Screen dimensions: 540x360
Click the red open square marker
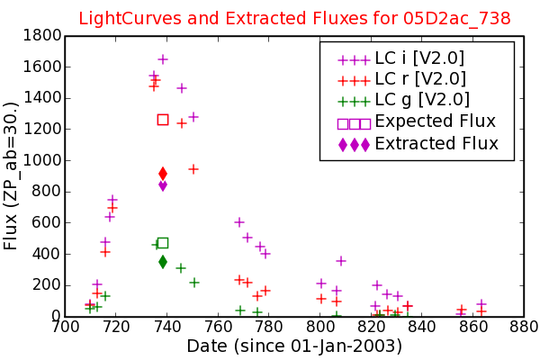click(x=163, y=120)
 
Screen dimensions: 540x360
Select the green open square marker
click(x=163, y=243)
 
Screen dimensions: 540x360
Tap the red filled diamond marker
click(x=163, y=174)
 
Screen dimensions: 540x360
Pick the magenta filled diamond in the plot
click(x=163, y=186)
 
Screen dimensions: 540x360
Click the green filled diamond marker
click(x=163, y=262)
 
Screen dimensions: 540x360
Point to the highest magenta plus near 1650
click(x=163, y=59)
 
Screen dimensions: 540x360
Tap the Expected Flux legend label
click(x=435, y=121)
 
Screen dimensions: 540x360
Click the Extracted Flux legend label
click(x=436, y=143)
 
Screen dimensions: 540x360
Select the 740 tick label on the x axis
click(x=167, y=327)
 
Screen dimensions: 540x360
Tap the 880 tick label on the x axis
click(x=524, y=327)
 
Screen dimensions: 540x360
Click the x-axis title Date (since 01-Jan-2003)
click(x=294, y=346)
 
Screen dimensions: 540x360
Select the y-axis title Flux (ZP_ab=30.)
click(x=10, y=176)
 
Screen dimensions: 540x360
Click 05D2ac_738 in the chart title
click(x=456, y=19)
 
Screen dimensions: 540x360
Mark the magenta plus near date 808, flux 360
click(x=340, y=261)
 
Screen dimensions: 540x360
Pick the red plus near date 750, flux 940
click(x=193, y=169)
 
